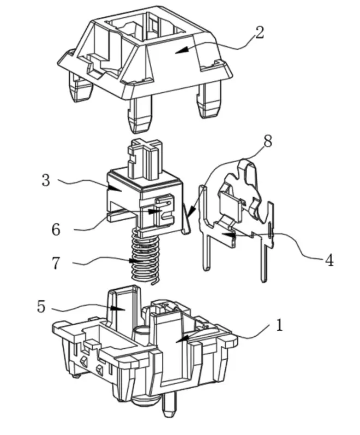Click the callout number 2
pos(259,32)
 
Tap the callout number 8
pos(268,141)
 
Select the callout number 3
pos(46,180)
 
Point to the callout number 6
pos(56,229)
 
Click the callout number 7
pos(56,263)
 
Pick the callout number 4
pos(329,260)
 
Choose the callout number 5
pos(41,307)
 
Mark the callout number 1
pos(279,325)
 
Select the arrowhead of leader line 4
pos(229,235)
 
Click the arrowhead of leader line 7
pos(136,261)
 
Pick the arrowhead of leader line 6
pos(155,211)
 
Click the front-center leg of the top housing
pos(140,114)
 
